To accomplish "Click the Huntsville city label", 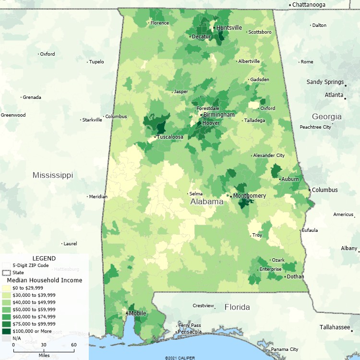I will point(229,28).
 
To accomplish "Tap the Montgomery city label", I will point(249,196).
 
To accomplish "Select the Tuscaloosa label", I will point(171,137).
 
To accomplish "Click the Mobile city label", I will point(137,313).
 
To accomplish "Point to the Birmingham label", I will point(219,115).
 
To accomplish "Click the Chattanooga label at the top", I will point(309,5).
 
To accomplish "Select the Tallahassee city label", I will point(335,327).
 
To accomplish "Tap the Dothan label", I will point(295,276).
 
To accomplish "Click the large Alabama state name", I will point(207,202).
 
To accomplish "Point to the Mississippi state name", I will point(53,175).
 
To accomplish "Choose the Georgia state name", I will point(327,117).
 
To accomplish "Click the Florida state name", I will point(238,307).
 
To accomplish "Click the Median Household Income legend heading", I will point(44,280).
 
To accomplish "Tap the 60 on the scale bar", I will point(73,345).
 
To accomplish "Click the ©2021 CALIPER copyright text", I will point(180,358).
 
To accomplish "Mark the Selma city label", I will point(196,194).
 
